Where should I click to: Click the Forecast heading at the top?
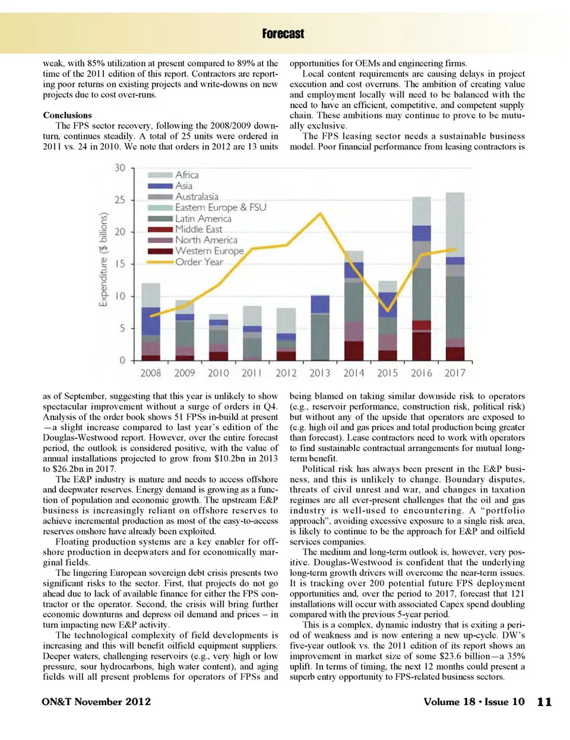click(283, 34)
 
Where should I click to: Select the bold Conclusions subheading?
click(67, 115)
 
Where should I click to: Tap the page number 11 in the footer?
click(544, 702)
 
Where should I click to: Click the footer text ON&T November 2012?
click(96, 702)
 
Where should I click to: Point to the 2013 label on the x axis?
click(319, 373)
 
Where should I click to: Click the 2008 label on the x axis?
click(150, 373)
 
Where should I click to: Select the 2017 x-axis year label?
click(455, 373)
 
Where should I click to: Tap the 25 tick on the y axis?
click(120, 200)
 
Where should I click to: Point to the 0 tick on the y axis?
click(122, 360)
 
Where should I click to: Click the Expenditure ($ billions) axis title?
click(103, 259)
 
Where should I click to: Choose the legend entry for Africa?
click(186, 175)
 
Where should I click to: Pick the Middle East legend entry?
click(198, 229)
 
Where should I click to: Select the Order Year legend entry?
click(199, 262)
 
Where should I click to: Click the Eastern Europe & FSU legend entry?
click(220, 207)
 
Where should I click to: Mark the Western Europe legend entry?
click(209, 251)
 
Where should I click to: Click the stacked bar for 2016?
click(422, 279)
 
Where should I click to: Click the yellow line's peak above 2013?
click(321, 213)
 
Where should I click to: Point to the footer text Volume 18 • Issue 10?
click(474, 702)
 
